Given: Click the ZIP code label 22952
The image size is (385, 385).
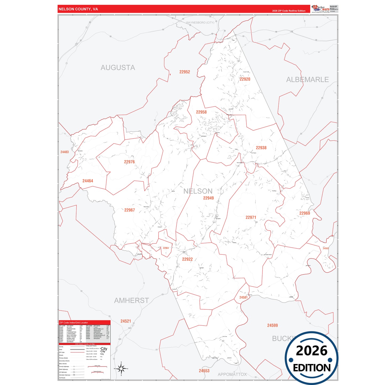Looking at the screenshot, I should [x=184, y=72].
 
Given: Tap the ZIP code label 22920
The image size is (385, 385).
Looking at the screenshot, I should [x=245, y=79].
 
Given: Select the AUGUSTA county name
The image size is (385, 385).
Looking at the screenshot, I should [x=118, y=68].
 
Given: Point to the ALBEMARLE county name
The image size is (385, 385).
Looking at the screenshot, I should [x=307, y=80].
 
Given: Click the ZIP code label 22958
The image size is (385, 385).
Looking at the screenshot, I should [x=201, y=112].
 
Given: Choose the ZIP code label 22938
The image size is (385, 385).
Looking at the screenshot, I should [x=261, y=148].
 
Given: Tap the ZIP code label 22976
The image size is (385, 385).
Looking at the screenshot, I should [x=129, y=162].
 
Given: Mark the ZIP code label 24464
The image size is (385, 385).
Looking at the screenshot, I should [x=88, y=181].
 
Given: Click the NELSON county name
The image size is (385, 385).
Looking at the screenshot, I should [x=198, y=191].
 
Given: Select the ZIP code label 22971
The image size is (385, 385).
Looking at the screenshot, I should [x=251, y=217].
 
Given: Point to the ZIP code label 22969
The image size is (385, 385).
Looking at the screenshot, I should [x=304, y=213].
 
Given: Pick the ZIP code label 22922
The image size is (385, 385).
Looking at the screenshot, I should [x=187, y=259].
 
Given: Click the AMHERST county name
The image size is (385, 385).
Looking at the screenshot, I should [x=131, y=301].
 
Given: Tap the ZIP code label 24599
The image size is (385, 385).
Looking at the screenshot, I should [x=272, y=325].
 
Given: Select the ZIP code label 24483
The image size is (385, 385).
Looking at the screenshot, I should [x=64, y=152].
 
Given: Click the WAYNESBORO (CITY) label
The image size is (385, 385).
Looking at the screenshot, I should [x=200, y=23].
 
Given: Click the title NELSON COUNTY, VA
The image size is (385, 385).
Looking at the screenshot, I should [x=78, y=9].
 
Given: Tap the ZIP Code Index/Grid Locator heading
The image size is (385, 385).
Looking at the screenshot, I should [x=74, y=323].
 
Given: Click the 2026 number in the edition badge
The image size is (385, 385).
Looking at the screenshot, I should [x=311, y=351].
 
